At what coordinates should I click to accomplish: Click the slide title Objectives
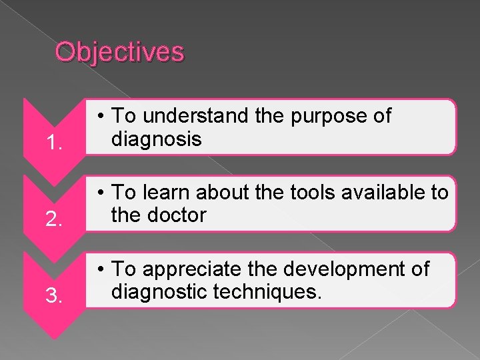click(119, 51)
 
